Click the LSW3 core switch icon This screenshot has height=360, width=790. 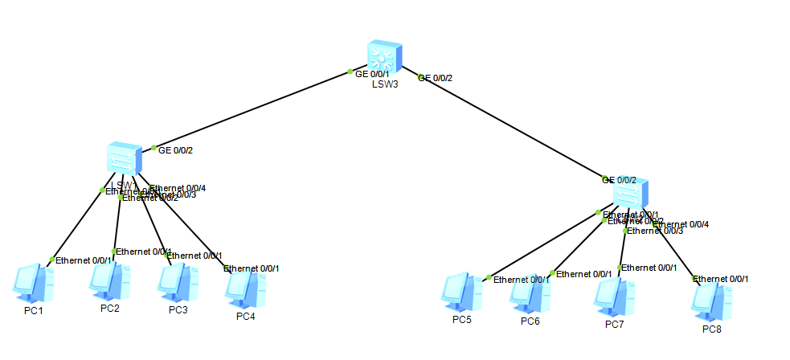[383, 56]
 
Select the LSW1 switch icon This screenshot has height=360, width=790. [125, 158]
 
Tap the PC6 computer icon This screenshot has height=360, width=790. [530, 293]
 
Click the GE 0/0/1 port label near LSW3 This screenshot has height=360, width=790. [372, 73]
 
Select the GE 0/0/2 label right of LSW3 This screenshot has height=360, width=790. [435, 78]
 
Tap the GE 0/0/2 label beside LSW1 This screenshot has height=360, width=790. [175, 149]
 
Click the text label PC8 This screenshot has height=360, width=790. [712, 329]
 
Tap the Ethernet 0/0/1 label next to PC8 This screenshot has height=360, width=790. [722, 279]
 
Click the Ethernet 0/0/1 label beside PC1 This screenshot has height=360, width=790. [84, 260]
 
